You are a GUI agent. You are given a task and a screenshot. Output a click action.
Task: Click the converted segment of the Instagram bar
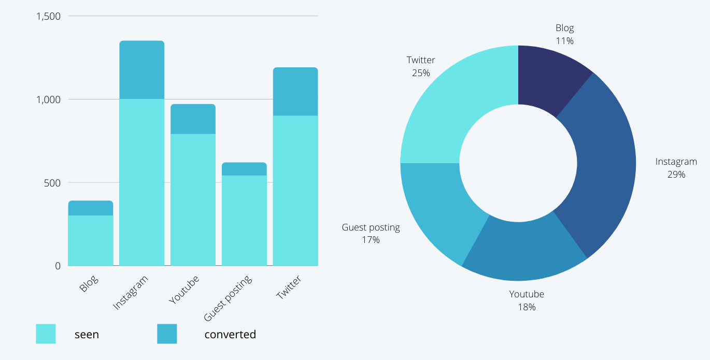point(141,70)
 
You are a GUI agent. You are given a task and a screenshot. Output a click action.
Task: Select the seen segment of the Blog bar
point(91,240)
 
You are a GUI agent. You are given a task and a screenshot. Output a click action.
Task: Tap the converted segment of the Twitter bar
point(295,91)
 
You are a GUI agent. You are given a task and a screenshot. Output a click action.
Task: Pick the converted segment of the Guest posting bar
point(244,169)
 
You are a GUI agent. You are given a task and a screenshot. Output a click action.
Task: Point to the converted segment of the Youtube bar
point(193,119)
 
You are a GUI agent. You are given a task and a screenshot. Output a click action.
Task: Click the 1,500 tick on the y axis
point(48,16)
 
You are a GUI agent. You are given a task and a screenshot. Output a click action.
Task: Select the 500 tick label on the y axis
point(52,182)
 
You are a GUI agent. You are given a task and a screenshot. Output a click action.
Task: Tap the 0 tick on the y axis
point(58,266)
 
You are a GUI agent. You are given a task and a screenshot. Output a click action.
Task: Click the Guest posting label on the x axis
point(229,298)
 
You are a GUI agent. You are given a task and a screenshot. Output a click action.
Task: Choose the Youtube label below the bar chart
point(184,290)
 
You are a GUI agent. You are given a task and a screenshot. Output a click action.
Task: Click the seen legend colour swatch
point(46,334)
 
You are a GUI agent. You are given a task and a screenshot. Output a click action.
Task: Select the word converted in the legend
point(230,335)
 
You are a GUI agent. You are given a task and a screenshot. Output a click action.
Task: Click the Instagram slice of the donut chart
point(604,166)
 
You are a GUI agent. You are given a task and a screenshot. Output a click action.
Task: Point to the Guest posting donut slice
point(441,207)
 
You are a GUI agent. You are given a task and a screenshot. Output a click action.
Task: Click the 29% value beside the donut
point(676,175)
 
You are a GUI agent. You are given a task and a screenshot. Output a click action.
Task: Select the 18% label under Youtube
point(527,307)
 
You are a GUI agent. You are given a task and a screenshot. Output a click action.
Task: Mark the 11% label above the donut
point(564,41)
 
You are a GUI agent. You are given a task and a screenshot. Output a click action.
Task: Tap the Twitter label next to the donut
point(421,60)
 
